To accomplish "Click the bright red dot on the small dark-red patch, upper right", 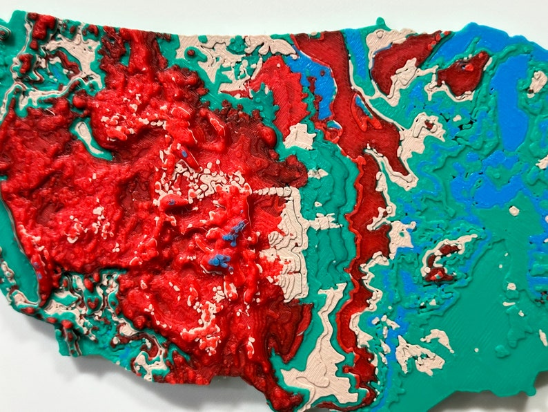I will click(x=469, y=67).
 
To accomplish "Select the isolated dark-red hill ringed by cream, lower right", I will click(x=440, y=257).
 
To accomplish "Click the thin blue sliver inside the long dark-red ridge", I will click(x=360, y=104).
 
